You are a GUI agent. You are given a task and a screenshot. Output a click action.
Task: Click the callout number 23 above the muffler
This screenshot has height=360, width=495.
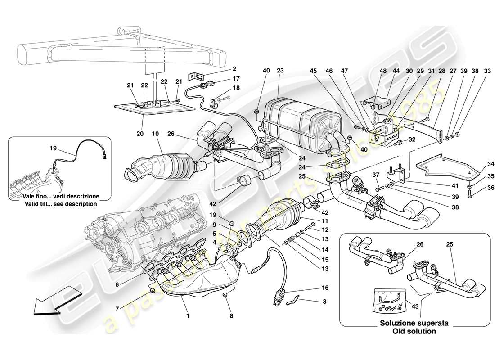[280, 70]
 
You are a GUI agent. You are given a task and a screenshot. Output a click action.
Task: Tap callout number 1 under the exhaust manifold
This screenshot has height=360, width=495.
[188, 316]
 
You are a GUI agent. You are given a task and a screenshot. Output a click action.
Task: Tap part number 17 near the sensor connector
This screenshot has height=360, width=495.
[237, 78]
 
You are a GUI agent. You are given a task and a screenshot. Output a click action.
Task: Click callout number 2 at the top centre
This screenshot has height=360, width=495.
[234, 69]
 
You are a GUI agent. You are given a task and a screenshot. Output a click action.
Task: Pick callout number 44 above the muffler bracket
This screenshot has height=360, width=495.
[396, 70]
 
